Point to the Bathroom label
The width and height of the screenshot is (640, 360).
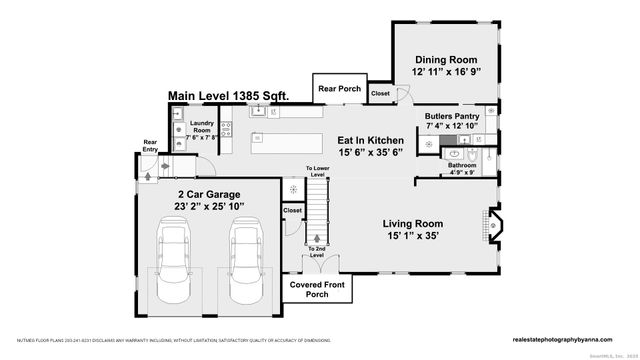462,165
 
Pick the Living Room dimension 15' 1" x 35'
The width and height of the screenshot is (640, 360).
427,236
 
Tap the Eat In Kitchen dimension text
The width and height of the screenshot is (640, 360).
371,153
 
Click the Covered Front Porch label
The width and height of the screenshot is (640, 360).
317,289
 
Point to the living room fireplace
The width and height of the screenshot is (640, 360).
493,231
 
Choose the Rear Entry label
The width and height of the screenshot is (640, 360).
150,145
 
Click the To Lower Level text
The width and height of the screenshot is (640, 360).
317,171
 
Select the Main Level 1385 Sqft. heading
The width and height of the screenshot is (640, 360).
228,95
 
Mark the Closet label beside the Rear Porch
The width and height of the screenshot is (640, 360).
380,94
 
